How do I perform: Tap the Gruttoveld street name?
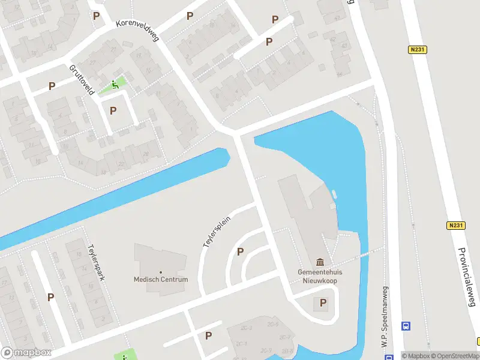tap(82, 80)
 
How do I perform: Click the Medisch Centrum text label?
tap(161, 280)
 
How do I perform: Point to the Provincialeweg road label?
tap(466, 277)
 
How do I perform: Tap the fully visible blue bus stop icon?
tap(406, 326)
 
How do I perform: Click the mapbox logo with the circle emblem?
tap(26, 353)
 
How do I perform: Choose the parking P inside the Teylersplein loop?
tap(241, 252)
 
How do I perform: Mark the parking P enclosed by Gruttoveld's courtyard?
tap(113, 110)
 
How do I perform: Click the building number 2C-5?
tap(274, 324)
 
